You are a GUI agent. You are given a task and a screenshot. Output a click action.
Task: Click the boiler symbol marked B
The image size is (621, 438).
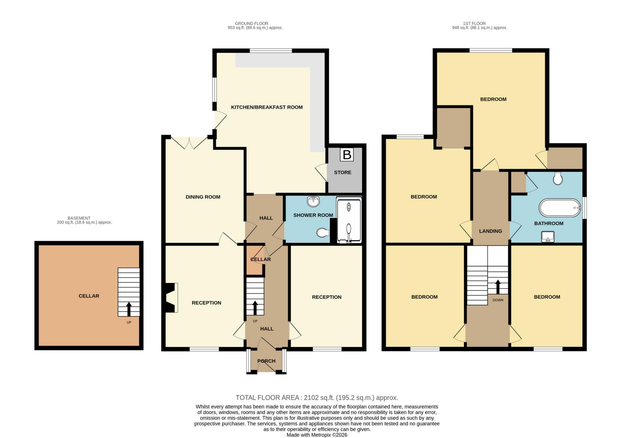[x=347, y=155]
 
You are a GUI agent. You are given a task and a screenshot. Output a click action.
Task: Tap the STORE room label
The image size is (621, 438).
[x=343, y=172]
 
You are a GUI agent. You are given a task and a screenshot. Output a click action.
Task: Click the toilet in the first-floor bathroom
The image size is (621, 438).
[x=558, y=178]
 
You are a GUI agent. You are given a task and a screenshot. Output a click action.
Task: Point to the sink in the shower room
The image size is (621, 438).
[x=313, y=202]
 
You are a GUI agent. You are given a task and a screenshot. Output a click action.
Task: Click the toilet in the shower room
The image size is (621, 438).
[x=323, y=233]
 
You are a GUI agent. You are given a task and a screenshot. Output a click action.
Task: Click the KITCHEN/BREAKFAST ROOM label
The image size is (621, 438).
[x=267, y=107]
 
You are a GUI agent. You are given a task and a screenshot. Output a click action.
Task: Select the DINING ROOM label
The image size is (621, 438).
[x=203, y=197]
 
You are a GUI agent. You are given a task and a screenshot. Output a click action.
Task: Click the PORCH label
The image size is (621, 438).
[x=266, y=361]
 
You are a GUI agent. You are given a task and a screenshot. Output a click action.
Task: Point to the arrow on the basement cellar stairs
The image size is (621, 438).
[x=129, y=309]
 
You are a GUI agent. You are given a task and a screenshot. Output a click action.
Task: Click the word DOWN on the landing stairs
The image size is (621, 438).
[x=498, y=300]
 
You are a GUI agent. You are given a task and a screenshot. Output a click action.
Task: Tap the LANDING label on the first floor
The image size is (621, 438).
[x=491, y=231]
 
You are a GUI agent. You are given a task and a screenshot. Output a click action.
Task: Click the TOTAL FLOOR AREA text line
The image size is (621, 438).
[x=317, y=398]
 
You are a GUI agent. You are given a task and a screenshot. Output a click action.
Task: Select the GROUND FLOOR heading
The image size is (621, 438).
[x=252, y=24]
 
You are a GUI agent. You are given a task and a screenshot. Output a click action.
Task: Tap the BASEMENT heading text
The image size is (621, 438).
[x=79, y=218]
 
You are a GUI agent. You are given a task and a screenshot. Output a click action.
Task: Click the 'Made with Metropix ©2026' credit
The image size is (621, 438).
[x=317, y=435]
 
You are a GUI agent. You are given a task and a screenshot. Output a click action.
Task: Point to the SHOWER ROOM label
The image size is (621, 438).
[x=313, y=215]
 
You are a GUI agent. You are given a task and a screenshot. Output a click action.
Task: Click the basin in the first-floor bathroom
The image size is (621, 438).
[x=548, y=237]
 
